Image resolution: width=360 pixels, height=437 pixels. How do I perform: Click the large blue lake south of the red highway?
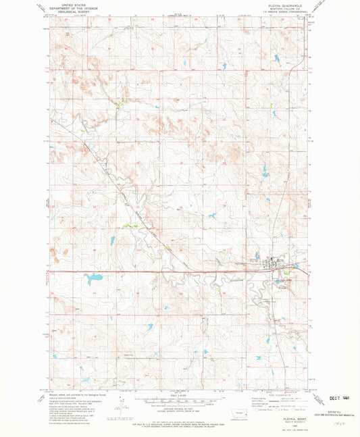[93, 278]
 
